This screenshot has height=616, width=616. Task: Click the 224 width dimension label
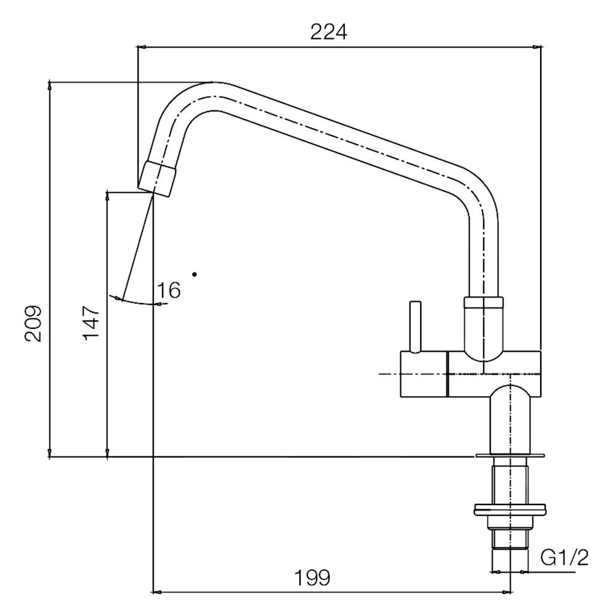click(x=328, y=32)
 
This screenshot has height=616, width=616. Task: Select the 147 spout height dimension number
click(x=91, y=323)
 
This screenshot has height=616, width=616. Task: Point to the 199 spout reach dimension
click(x=312, y=578)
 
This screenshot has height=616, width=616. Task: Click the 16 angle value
click(x=169, y=290)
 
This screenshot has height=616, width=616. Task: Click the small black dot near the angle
click(x=195, y=274)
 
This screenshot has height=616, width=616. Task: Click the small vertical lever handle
click(x=415, y=327)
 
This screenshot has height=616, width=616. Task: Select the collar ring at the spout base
click(x=483, y=302)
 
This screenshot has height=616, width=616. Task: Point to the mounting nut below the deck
click(x=510, y=509)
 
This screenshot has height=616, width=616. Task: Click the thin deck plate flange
click(x=510, y=456)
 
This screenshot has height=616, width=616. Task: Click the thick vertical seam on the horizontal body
click(x=448, y=374)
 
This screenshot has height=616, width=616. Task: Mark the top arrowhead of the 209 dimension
click(x=49, y=84)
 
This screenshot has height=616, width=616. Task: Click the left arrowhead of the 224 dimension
click(x=142, y=47)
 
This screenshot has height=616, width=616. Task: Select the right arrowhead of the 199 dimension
click(x=507, y=591)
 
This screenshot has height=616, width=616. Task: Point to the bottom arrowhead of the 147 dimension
click(x=107, y=453)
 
